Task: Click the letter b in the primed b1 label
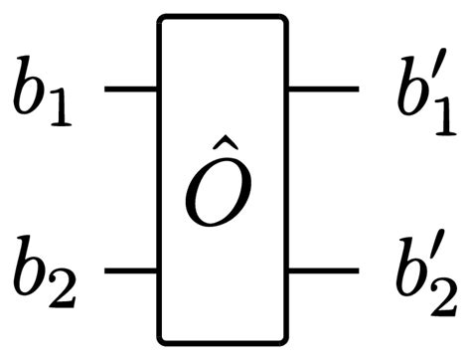[x=407, y=87]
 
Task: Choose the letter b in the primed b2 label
[x=407, y=267]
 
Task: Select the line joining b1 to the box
[x=130, y=90]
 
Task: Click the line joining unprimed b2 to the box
[x=130, y=270]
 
